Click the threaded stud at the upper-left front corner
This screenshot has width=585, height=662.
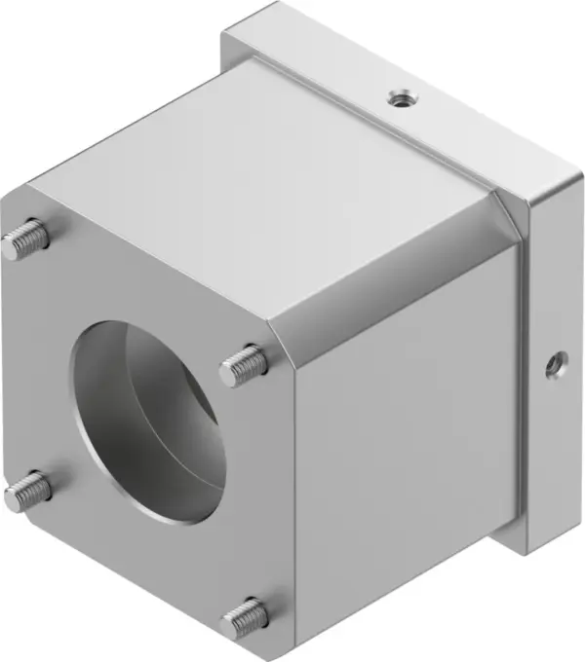point(26,240)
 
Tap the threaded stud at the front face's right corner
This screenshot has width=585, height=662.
point(244,366)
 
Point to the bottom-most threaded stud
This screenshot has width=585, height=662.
point(245,616)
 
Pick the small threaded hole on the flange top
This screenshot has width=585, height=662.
point(397,96)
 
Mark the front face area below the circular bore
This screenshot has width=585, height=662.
point(146,565)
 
